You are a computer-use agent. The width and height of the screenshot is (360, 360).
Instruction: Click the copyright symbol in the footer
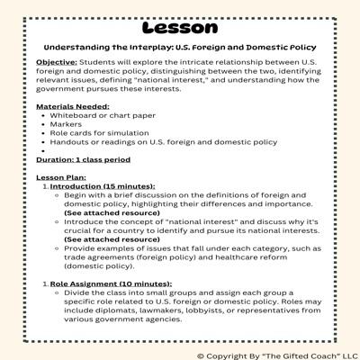[201, 354]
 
